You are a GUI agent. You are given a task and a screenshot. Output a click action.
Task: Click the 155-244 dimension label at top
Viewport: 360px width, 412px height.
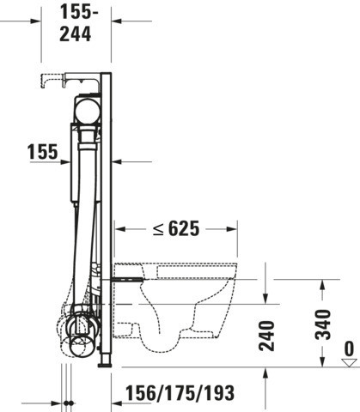(76, 24)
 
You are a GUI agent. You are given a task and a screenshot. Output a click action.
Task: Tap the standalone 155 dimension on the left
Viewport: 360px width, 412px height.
(42, 152)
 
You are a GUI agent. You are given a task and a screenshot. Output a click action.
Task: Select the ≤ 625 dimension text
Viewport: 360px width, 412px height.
(176, 228)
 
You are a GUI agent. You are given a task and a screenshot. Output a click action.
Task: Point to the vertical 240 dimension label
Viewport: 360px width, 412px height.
(266, 336)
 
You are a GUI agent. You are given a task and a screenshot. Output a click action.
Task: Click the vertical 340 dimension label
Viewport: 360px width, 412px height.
(323, 324)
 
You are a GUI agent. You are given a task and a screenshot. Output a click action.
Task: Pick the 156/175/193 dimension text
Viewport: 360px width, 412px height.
(180, 393)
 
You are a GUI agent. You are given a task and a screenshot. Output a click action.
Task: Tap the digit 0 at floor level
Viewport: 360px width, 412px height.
(349, 348)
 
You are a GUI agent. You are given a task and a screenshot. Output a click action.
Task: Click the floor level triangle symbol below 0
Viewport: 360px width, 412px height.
(349, 363)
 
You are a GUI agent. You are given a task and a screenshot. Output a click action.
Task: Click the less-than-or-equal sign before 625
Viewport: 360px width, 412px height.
(158, 229)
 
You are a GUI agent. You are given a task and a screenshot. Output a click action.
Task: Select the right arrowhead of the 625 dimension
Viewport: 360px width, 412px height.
(232, 229)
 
